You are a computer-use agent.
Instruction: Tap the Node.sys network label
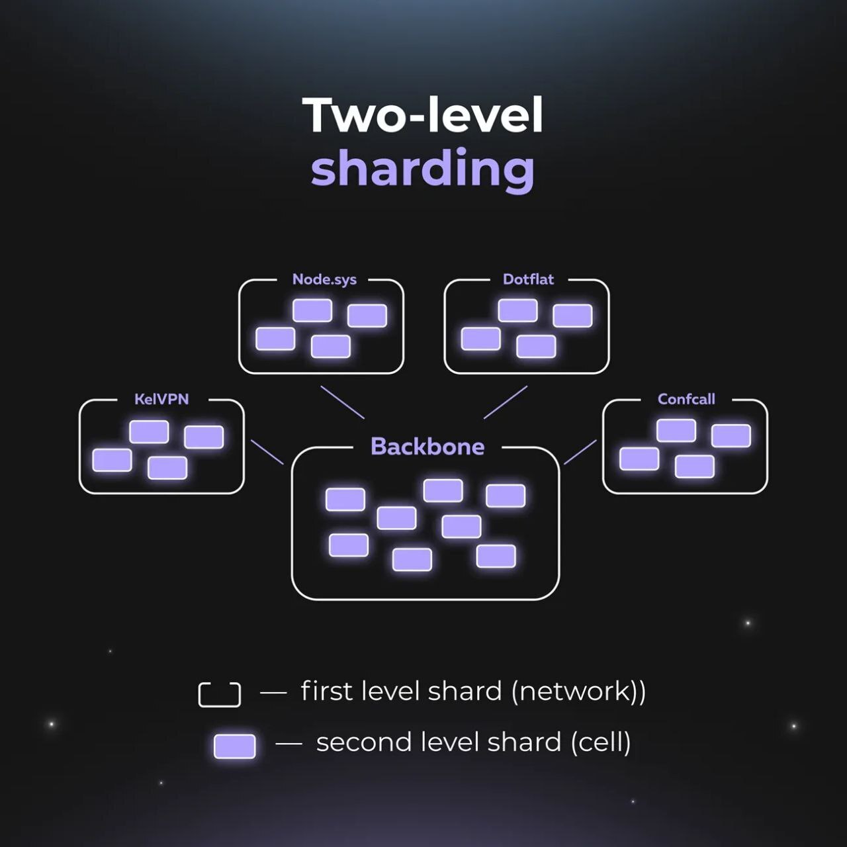[x=324, y=279]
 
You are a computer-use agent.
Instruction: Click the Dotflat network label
[x=528, y=279]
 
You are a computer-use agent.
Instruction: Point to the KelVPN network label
[x=161, y=399]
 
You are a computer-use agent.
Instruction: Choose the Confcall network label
[x=686, y=399]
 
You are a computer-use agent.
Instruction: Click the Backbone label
[x=427, y=447]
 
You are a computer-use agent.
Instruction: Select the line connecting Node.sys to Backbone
[x=342, y=402]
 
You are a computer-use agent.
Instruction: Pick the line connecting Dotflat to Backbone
[x=506, y=402]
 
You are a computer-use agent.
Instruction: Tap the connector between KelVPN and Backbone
[x=267, y=452]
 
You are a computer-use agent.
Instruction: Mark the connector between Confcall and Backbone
[x=580, y=452]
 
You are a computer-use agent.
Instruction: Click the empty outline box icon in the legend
[x=220, y=694]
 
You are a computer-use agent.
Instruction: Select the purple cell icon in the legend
[x=235, y=746]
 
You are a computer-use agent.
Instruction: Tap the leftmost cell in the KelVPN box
[x=112, y=460]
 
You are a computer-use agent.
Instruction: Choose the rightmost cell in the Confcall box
[x=731, y=436]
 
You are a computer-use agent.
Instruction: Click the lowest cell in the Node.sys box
[x=331, y=346]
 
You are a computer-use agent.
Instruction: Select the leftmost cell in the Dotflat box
[x=481, y=339]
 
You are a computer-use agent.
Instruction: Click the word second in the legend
[x=355, y=742]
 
